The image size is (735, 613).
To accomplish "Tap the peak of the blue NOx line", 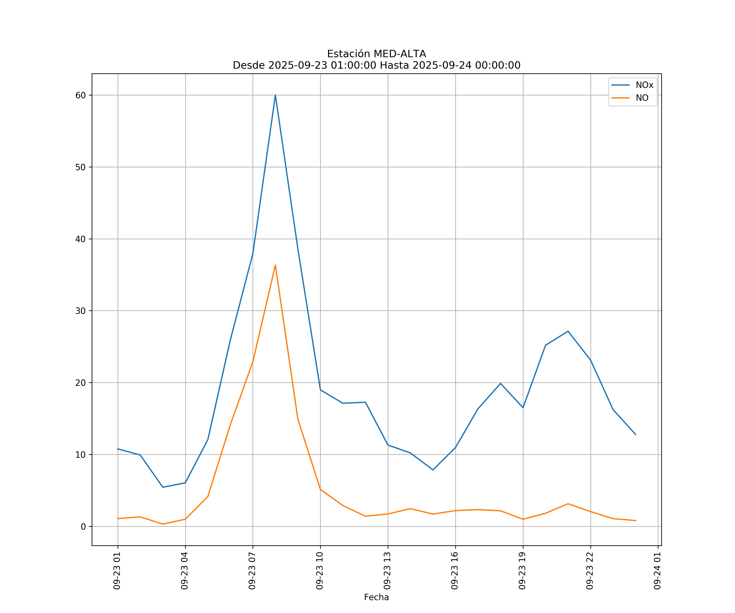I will click(275, 95).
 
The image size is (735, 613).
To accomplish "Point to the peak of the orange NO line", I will click(275, 265).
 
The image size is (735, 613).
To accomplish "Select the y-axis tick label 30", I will click(80, 311).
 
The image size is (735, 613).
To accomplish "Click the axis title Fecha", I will click(376, 597).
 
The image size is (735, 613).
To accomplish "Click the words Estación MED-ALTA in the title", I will click(376, 54).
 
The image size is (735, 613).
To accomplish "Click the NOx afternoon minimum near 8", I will click(433, 470).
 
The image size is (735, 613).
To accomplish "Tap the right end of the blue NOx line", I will click(636, 435).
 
